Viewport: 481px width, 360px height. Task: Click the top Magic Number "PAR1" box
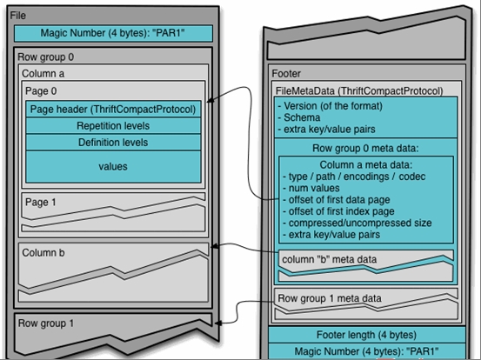pos(113,33)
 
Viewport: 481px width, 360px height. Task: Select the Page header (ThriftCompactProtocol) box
pos(113,110)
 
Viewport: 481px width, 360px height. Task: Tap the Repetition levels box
pos(113,126)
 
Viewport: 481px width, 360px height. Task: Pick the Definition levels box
pos(113,143)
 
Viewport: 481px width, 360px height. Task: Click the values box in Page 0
pos(113,166)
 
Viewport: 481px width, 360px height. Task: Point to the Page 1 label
pos(41,203)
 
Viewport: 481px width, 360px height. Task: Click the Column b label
pos(43,253)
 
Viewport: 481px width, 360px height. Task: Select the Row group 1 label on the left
pos(46,323)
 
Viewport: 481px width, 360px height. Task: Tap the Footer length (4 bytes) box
pos(367,335)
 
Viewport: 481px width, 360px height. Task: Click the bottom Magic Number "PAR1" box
pos(367,351)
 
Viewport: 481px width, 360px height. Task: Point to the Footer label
pos(286,74)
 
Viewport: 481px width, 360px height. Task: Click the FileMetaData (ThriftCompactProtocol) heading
pos(359,91)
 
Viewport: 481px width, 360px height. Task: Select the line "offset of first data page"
pos(337,200)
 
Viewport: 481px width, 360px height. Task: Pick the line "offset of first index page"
pos(338,211)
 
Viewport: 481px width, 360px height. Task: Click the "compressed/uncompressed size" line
pos(357,223)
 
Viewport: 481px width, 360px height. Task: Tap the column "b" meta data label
pos(329,259)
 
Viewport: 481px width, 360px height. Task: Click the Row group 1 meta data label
pos(330,298)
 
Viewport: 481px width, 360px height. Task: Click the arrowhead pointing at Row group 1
pos(218,323)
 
